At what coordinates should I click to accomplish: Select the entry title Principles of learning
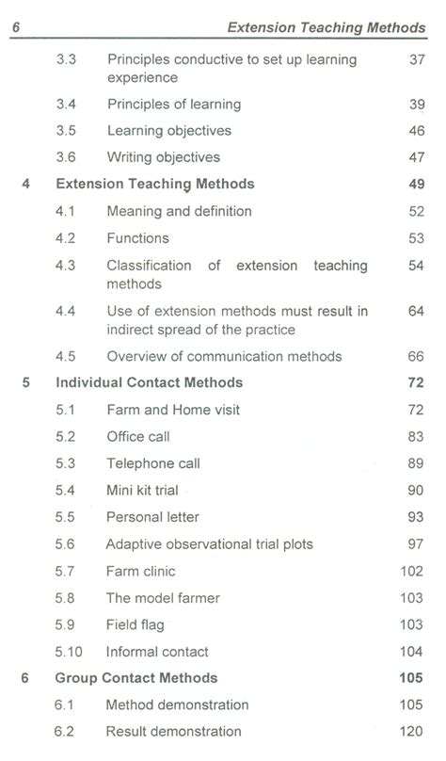(174, 104)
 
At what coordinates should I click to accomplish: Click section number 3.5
(66, 130)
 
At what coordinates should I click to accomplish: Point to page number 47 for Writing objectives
(417, 157)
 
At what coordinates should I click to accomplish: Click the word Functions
(138, 238)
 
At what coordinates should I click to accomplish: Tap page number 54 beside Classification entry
(417, 266)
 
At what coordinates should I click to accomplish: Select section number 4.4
(66, 311)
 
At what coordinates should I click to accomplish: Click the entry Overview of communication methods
(224, 356)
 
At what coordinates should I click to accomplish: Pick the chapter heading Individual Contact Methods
(150, 382)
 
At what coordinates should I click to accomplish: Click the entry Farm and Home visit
(173, 410)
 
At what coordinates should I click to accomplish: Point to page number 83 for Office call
(417, 436)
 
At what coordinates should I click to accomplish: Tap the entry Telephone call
(153, 463)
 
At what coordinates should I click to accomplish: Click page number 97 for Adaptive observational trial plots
(417, 544)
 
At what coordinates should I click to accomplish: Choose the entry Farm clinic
(141, 571)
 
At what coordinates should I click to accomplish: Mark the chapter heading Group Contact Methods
(136, 677)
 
